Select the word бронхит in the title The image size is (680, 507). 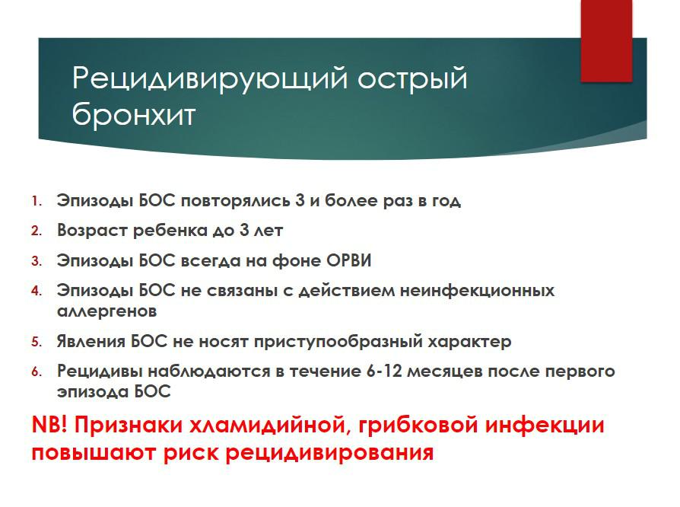[134, 115]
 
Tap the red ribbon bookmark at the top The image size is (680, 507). [606, 41]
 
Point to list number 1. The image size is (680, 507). [37, 201]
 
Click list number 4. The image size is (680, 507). [37, 290]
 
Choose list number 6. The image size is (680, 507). [37, 371]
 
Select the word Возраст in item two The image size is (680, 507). [92, 231]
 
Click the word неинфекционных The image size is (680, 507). [477, 290]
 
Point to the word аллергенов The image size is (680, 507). [107, 311]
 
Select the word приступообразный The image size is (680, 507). [338, 342]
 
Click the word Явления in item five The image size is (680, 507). [91, 342]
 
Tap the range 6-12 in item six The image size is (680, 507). [385, 371]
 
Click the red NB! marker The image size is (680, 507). [50, 425]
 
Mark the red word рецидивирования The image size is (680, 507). [329, 453]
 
